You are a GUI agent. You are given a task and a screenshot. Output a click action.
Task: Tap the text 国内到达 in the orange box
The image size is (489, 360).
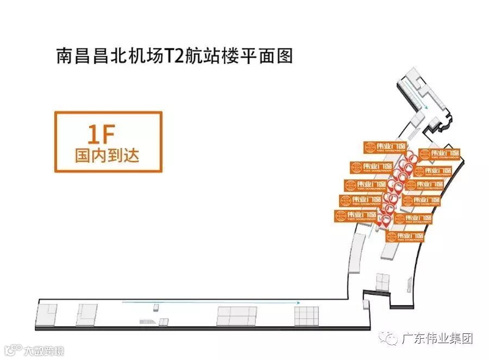coord(108,156)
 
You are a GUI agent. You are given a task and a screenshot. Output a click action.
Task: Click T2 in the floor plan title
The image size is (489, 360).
coord(178,56)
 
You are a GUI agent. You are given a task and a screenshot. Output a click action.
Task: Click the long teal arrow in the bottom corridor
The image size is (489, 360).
coord(212,302)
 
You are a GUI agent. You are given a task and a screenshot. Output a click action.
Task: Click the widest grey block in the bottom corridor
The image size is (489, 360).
coord(237,315)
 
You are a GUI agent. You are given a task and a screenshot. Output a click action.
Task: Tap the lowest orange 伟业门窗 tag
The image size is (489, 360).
coord(405,237)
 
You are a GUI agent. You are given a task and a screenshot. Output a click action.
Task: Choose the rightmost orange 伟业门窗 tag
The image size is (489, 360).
coord(440,154)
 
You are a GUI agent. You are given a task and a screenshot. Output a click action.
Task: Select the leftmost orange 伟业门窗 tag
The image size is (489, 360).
coord(356,216)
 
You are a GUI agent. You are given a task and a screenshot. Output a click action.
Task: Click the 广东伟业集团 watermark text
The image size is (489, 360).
coord(437,338)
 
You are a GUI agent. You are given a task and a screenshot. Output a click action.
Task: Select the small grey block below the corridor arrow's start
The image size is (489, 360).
coord(156,308)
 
